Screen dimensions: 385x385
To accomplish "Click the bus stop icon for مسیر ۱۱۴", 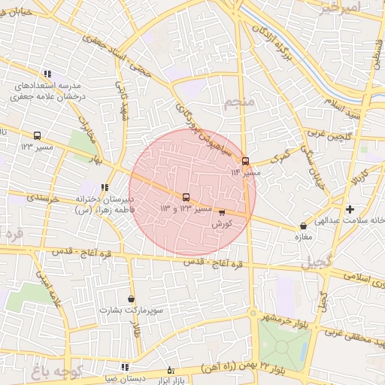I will (245, 161).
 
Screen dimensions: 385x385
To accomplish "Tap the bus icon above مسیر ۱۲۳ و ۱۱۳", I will (186, 197).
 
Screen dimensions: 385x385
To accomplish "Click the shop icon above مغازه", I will (303, 225).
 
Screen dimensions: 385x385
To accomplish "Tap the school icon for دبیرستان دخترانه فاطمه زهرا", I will (104, 188).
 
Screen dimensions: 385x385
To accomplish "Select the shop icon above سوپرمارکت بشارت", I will (132, 299).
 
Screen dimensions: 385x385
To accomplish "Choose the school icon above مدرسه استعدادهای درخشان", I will (47, 74).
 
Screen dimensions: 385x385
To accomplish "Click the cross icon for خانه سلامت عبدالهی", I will (350, 208).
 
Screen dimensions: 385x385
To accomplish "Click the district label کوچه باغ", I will (60, 369).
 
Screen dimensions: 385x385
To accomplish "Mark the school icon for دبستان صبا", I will (124, 367).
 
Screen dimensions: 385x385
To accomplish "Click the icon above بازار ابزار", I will (170, 370).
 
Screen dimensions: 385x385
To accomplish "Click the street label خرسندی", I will (44, 199).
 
